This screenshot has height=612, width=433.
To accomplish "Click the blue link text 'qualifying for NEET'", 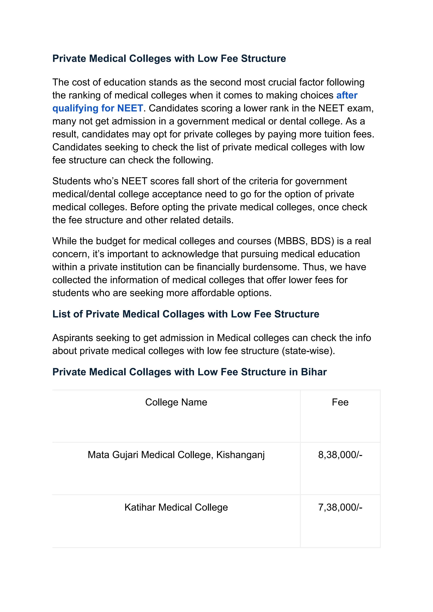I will pyautogui.click(x=98, y=108).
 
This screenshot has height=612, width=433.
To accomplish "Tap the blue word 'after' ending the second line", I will pyautogui.click(x=347, y=95).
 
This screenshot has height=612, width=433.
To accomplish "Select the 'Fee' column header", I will pyautogui.click(x=340, y=402).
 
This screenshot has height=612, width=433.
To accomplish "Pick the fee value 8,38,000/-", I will pyautogui.click(x=340, y=455).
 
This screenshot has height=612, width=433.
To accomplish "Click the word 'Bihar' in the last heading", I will pyautogui.click(x=314, y=372).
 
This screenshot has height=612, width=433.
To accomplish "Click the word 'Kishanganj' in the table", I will pyautogui.click(x=240, y=455).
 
